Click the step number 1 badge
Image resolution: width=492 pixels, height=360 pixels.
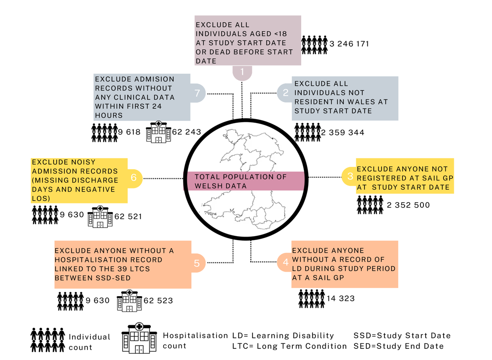pos(242,72)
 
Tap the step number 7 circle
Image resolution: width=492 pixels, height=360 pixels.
pos(198,93)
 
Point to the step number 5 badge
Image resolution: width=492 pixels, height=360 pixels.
pos(197,263)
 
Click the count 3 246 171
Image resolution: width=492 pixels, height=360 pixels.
pos(349,44)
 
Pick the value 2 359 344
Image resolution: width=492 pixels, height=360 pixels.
pos(343,132)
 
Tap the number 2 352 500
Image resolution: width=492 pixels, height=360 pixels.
pos(408,205)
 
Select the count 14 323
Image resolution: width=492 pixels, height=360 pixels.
pos(341,298)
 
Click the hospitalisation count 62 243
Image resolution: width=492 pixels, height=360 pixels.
pos(186,132)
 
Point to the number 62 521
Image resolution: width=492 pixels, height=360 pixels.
pos(128,216)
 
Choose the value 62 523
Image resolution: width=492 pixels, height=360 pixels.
pos(158,300)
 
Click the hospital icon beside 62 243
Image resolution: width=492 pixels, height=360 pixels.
pos(158,132)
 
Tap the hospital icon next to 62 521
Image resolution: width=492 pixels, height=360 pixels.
pos(100,216)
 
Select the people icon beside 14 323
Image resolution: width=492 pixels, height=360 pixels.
pos(312,298)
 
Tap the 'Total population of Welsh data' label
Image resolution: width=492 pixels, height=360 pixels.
pos(240,181)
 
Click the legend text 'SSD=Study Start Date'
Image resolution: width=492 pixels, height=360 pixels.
pos(402,336)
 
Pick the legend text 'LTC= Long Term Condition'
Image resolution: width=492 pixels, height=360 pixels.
pos(289,346)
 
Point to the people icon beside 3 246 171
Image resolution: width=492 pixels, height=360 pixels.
pos(315,45)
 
